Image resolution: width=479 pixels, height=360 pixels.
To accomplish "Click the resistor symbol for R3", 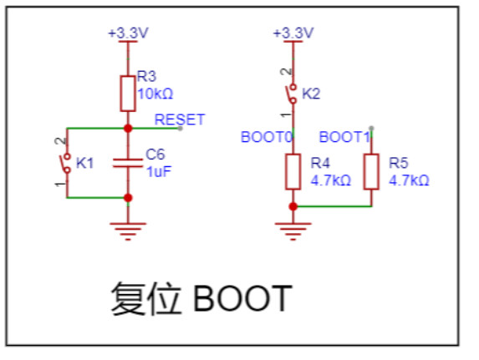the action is pos(128,94).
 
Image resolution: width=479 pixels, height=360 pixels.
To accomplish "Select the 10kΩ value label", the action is pos(155,94).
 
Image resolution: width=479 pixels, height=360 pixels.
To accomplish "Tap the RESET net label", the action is pos(180,119).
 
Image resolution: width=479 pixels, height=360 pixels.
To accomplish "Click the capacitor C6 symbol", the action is pos(128,163).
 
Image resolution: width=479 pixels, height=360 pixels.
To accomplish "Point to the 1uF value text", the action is pos(159,171).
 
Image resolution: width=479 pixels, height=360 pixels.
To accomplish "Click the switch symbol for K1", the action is pos(66,164).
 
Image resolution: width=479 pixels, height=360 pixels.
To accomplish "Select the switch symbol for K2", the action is pos(292,94).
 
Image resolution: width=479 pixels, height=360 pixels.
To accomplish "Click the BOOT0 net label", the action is pos(267,137).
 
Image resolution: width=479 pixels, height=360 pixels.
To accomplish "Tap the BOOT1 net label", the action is pos(345,137).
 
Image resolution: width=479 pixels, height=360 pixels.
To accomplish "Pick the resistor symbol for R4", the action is pos(293,171).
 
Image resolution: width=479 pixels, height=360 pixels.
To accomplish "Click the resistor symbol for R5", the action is pos(371,171).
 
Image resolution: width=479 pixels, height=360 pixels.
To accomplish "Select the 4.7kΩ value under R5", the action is pos(409,180).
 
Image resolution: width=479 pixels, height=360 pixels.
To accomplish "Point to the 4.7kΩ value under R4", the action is pos(331,180).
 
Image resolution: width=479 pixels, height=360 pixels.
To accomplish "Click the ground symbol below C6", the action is pos(128,231).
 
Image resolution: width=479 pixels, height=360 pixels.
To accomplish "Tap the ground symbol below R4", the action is pos(293,231).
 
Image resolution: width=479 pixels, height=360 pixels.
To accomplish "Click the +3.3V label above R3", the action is pos(128,33).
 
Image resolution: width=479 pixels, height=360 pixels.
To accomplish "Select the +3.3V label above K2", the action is pos(293,33).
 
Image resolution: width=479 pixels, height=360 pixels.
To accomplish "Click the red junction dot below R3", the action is pos(128,129).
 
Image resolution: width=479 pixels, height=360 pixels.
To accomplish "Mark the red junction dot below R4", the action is pos(293,206).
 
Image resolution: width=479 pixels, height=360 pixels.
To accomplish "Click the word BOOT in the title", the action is pos(243,298).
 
